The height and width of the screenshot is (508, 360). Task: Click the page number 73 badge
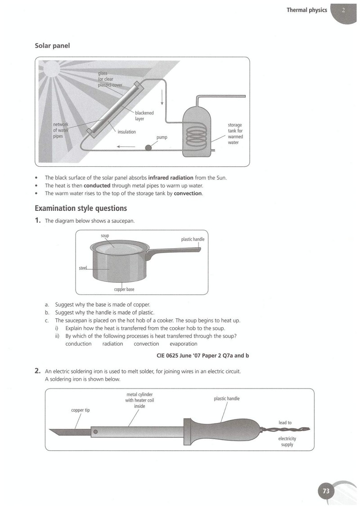click(326, 491)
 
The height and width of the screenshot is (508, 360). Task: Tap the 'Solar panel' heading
click(52, 46)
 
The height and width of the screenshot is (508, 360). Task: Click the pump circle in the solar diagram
click(148, 148)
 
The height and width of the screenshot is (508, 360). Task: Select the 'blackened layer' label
click(144, 116)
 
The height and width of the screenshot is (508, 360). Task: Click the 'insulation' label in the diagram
click(126, 132)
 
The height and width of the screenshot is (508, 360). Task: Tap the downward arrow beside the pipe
click(162, 97)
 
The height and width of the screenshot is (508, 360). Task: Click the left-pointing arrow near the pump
click(126, 147)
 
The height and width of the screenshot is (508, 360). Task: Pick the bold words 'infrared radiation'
click(171, 178)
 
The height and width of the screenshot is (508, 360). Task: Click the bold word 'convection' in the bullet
click(188, 193)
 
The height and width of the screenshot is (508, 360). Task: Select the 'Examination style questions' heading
click(81, 208)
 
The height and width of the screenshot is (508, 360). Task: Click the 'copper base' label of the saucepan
click(124, 290)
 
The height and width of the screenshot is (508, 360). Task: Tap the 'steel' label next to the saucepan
click(83, 268)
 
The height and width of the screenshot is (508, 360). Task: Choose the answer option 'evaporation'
click(183, 344)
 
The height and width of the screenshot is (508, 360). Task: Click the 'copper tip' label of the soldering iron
click(81, 410)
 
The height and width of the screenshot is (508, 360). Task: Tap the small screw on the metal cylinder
click(95, 432)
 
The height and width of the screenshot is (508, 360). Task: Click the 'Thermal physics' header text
click(307, 10)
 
